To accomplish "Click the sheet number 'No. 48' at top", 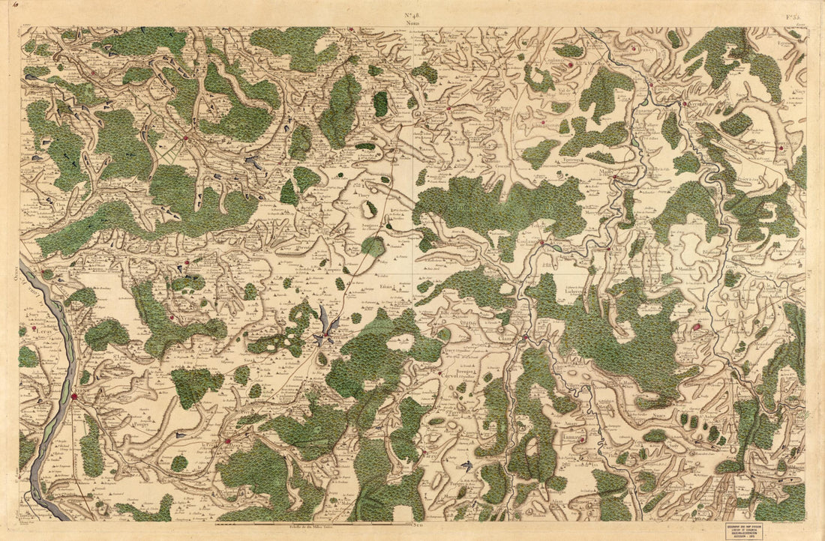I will pos(412,15).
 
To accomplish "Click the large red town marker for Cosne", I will pos(75,396).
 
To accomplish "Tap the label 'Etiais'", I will pos(386,286).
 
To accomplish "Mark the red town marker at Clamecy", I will pos(526,336).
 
